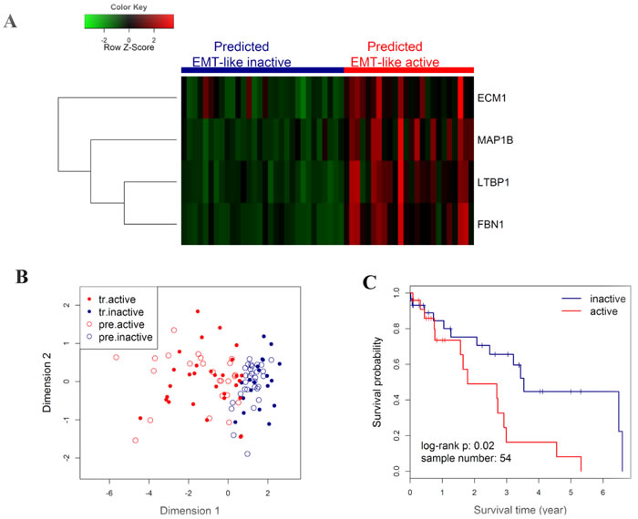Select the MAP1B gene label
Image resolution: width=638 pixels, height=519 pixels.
coord(498,138)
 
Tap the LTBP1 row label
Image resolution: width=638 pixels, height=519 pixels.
coord(497,180)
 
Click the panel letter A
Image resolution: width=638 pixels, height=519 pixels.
coord(12,21)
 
